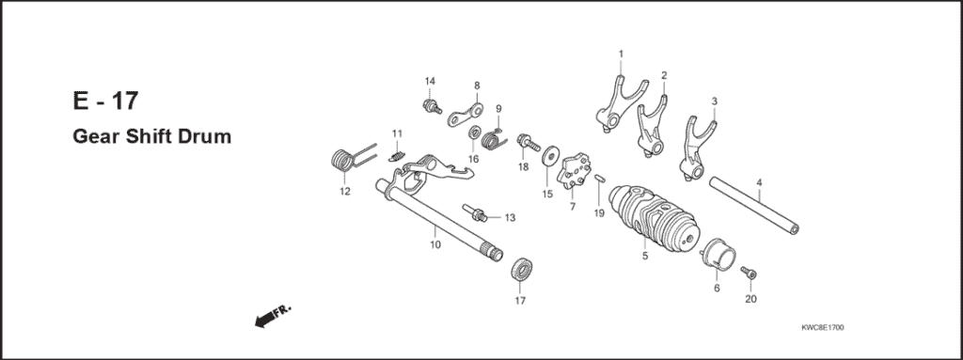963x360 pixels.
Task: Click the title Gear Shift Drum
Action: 151,137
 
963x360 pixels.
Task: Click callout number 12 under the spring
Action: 344,192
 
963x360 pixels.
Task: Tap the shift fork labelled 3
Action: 696,147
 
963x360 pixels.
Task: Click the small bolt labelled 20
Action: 748,274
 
